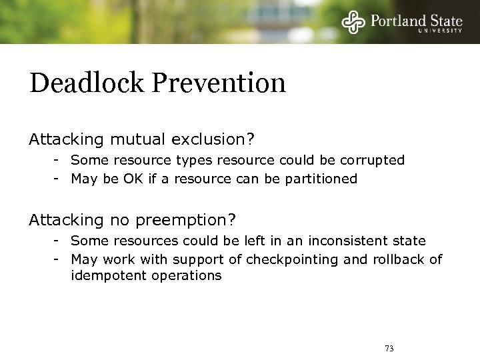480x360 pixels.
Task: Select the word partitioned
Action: (323, 179)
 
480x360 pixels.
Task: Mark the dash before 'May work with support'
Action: (59, 259)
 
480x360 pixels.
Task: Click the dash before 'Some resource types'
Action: (59, 160)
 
